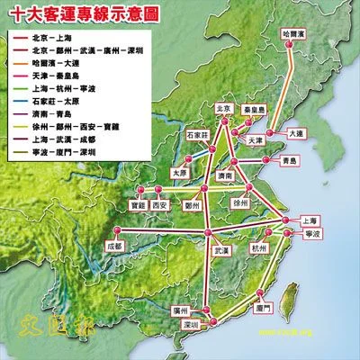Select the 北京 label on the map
click(x=224, y=108)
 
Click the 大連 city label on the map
click(x=298, y=132)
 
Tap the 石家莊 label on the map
click(x=198, y=134)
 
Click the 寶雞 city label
click(x=137, y=204)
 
